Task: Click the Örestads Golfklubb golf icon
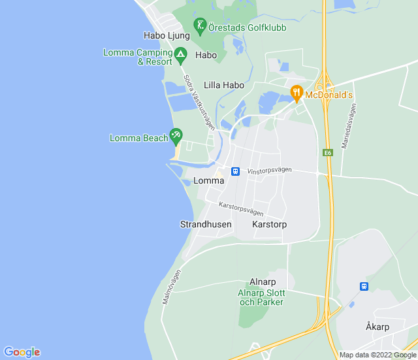tap(201, 27)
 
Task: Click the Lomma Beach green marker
tap(176, 136)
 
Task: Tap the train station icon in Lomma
tap(235, 171)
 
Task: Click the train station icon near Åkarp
tap(364, 286)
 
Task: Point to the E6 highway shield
tap(328, 153)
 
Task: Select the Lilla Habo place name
tap(224, 85)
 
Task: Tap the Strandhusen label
tap(206, 224)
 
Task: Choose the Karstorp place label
tap(269, 224)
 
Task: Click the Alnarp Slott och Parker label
tap(261, 297)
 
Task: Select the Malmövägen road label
tap(171, 287)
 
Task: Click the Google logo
tap(22, 352)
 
